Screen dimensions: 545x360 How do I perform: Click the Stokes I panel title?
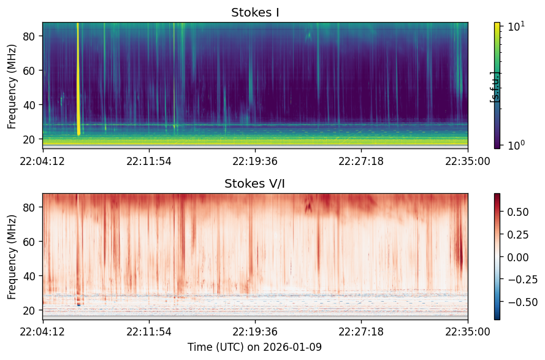click(255, 12)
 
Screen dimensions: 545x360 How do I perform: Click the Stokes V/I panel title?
click(255, 183)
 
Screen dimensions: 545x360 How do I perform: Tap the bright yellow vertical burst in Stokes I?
click(78, 79)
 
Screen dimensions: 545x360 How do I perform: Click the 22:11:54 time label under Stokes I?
click(149, 161)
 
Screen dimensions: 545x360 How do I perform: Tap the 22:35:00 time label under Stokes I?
click(468, 161)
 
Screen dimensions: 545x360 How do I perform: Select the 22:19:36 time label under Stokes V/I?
click(255, 331)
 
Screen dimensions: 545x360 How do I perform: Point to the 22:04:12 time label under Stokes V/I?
click(42, 331)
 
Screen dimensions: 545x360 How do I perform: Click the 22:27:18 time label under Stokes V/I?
click(362, 331)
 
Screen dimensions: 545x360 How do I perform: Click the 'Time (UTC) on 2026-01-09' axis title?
click(255, 347)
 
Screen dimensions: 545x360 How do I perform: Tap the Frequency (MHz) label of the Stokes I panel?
click(12, 86)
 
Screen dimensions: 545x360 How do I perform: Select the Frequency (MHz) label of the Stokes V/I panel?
click(12, 257)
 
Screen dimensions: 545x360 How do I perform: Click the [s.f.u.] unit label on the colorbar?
click(494, 87)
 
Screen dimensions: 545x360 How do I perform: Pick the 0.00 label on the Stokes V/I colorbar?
click(518, 257)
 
